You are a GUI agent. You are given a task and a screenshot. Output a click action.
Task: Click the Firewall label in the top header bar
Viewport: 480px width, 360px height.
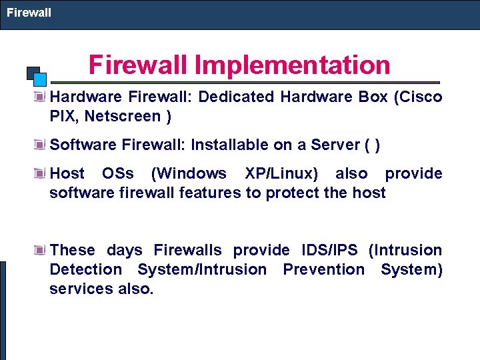[x=29, y=13]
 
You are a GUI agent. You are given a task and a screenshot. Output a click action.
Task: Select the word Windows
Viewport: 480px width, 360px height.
[x=189, y=173]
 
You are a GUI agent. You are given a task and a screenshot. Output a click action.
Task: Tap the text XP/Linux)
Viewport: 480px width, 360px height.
[x=281, y=173]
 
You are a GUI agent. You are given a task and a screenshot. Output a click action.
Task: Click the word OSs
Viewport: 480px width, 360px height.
[x=117, y=173]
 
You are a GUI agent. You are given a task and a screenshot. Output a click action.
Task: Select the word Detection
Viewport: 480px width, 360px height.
[x=85, y=269]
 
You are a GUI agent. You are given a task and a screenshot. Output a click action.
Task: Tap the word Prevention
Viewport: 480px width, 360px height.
[x=323, y=269]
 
